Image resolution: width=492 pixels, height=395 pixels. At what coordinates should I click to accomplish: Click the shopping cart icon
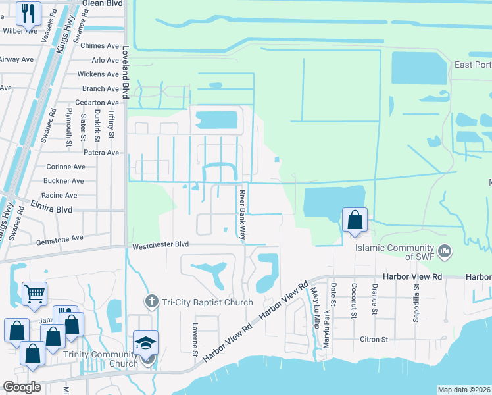(34, 294)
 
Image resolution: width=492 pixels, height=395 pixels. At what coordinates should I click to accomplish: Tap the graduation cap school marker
(145, 344)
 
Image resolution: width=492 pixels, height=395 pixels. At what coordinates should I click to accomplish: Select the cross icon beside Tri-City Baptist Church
(151, 302)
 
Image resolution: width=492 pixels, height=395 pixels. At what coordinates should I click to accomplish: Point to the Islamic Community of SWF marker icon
(445, 250)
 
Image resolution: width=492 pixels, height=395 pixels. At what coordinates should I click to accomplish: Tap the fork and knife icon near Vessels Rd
(28, 12)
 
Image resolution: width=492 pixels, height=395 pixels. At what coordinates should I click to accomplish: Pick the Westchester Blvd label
(160, 244)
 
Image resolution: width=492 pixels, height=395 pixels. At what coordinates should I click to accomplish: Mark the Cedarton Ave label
(97, 103)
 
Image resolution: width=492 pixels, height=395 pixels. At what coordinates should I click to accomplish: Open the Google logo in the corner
(21, 387)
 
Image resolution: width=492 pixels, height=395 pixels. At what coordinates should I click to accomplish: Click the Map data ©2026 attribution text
(463, 390)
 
